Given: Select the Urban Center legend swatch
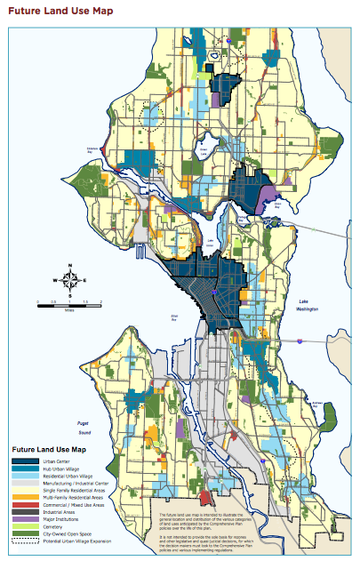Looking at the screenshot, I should (x=24, y=460).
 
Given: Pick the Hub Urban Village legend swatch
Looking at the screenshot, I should (x=24, y=469).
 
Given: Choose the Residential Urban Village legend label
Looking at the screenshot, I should (x=69, y=477).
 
